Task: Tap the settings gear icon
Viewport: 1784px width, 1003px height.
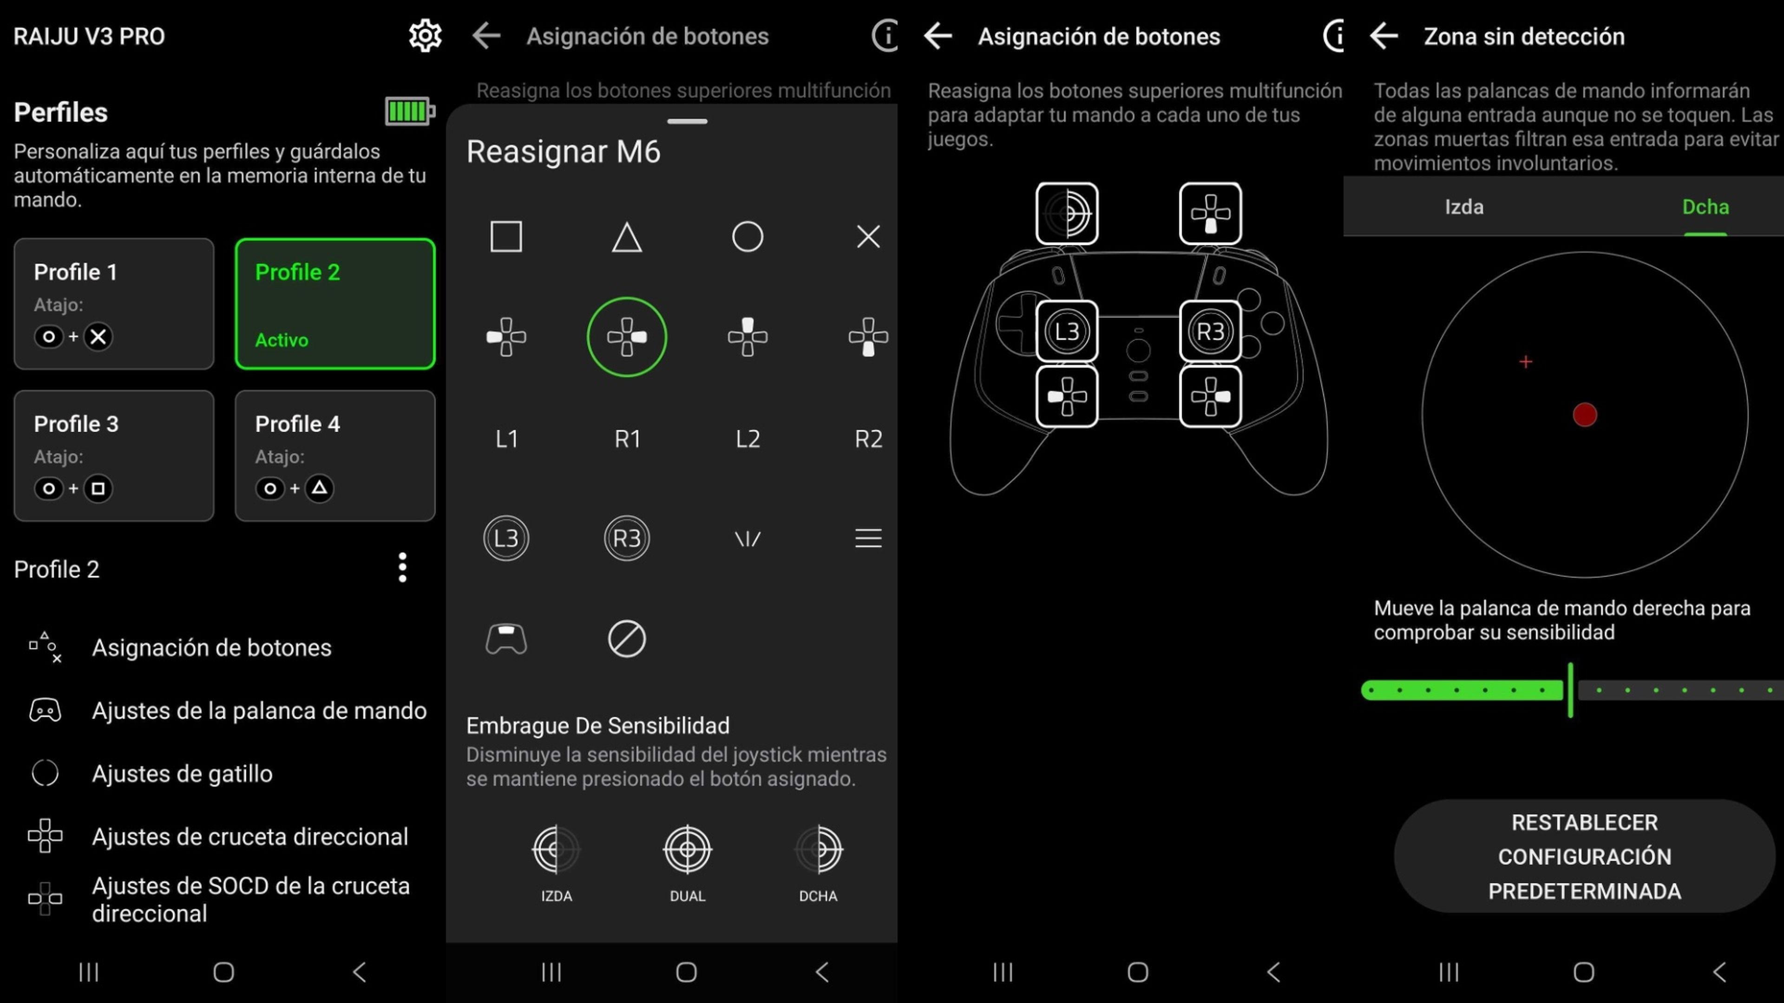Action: pyautogui.click(x=425, y=36)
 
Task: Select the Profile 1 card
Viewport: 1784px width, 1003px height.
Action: pyautogui.click(x=113, y=303)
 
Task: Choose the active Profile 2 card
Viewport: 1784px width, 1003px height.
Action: pyautogui.click(x=334, y=303)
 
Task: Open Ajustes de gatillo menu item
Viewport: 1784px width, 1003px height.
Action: pyautogui.click(x=182, y=773)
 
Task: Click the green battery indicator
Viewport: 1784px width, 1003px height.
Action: pyautogui.click(x=410, y=111)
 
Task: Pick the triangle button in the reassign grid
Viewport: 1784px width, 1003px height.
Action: pyautogui.click(x=627, y=237)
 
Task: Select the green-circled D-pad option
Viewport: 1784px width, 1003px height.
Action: pyautogui.click(x=627, y=337)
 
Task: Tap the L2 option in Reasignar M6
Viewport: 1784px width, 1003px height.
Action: pyautogui.click(x=747, y=439)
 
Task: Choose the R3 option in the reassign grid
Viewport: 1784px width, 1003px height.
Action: pyautogui.click(x=627, y=538)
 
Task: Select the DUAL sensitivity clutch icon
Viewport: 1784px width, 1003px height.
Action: pyautogui.click(x=687, y=850)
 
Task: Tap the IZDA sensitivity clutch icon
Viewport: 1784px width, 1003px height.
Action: pyautogui.click(x=556, y=850)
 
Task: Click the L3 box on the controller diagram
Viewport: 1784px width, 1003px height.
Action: pyautogui.click(x=1067, y=332)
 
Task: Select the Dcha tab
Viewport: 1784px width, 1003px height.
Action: pyautogui.click(x=1705, y=207)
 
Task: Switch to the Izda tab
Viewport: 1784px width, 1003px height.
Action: pyautogui.click(x=1463, y=207)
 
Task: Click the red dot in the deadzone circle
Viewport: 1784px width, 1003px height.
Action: pyautogui.click(x=1585, y=415)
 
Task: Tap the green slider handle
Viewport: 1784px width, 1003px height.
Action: pyautogui.click(x=1570, y=690)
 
